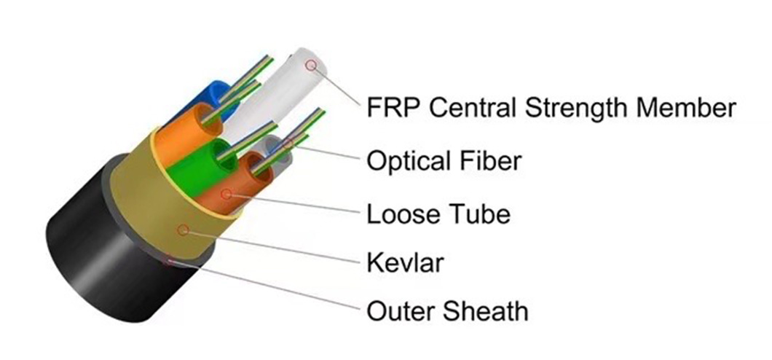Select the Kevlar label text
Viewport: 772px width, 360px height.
tap(404, 263)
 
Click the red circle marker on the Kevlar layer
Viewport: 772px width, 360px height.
tap(184, 230)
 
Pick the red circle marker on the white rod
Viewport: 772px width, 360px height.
tap(312, 66)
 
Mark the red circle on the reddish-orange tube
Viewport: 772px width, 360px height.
tap(227, 194)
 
